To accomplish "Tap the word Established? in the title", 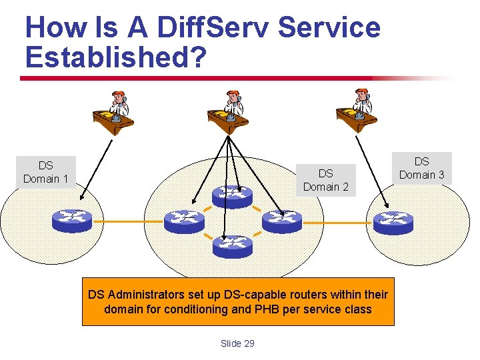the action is (x=115, y=57).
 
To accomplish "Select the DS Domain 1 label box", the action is (x=45, y=172).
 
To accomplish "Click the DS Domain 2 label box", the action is (x=325, y=180).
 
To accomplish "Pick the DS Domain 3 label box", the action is (x=421, y=168).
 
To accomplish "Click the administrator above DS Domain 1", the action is (x=113, y=112).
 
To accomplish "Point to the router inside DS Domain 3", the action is (x=393, y=221).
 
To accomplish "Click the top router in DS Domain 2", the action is (x=233, y=195).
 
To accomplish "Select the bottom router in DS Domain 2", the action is (x=233, y=247).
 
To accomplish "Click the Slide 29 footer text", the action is (x=237, y=343).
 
